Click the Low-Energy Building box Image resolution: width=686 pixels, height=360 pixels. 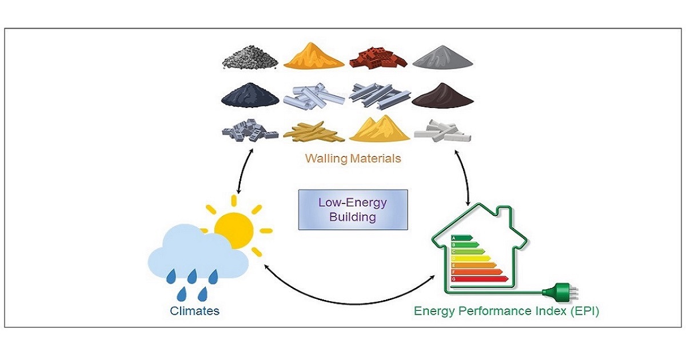coord(353,209)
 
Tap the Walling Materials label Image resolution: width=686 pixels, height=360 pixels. coord(353,158)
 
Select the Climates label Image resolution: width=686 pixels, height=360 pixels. coord(195,311)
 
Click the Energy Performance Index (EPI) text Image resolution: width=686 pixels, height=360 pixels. coord(506,311)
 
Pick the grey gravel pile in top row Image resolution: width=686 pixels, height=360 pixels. coord(250,58)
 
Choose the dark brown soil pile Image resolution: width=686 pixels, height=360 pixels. coord(442,97)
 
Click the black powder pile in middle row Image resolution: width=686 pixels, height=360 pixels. coord(250,96)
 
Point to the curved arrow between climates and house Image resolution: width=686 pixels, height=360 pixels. coord(349,293)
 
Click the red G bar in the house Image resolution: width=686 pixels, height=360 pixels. coord(479,278)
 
